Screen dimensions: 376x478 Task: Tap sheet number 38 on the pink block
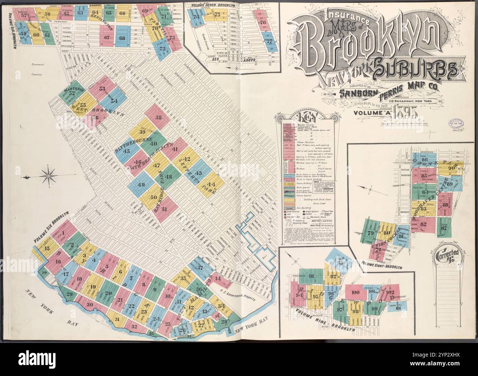(158, 118)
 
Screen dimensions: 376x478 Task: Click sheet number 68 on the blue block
(122, 38)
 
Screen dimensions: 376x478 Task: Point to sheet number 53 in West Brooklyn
(102, 88)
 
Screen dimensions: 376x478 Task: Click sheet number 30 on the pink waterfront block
(89, 304)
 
